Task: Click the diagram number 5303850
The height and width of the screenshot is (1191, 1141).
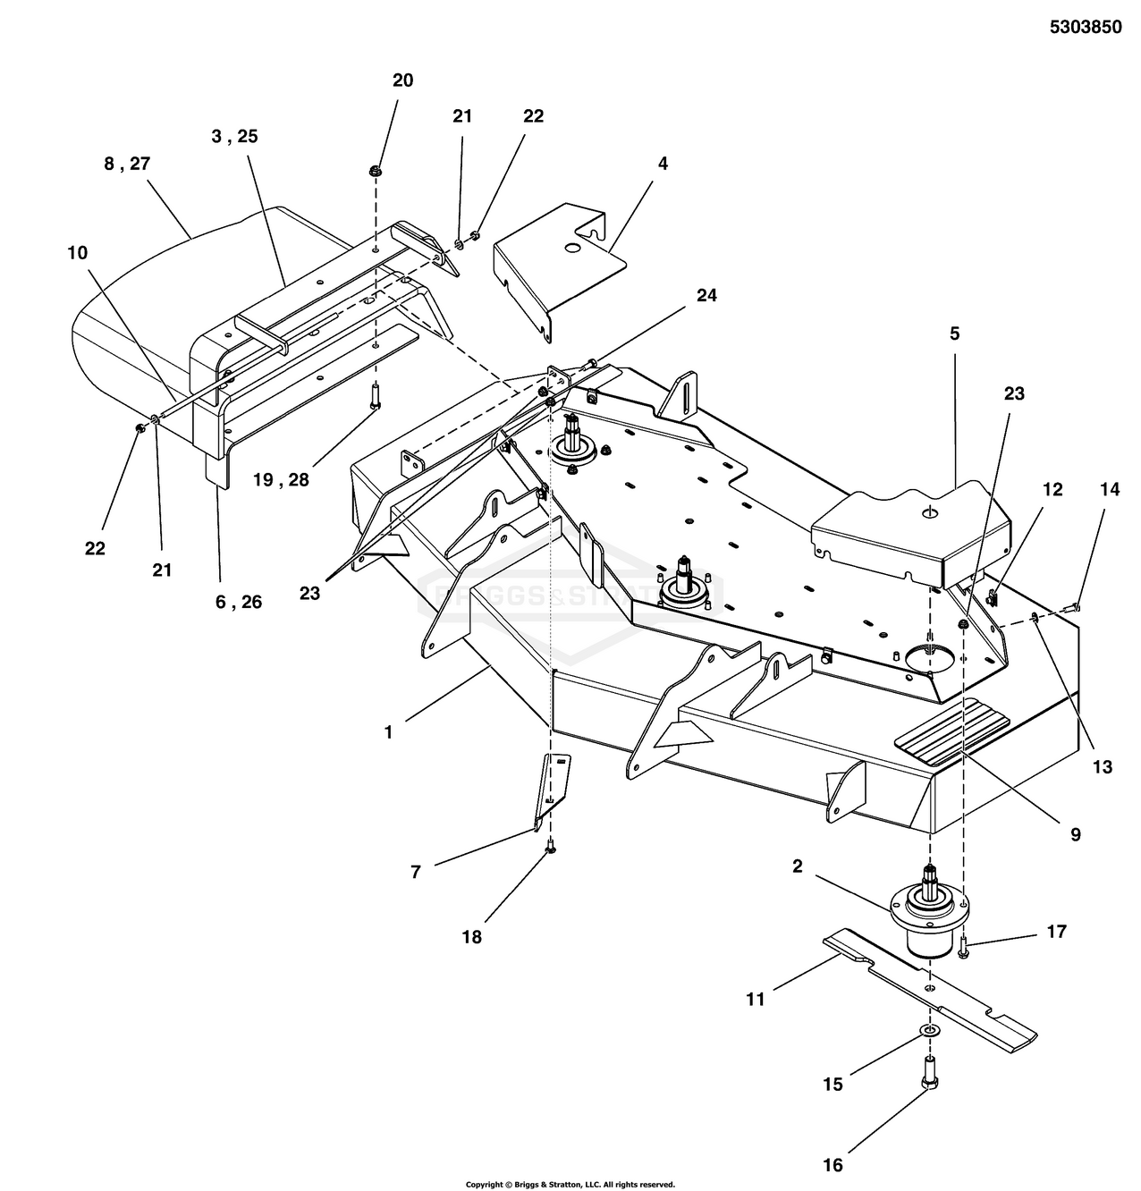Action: pyautogui.click(x=1086, y=27)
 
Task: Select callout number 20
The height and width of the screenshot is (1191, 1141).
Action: pyautogui.click(x=402, y=80)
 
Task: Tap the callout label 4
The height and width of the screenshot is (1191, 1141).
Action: pyautogui.click(x=663, y=164)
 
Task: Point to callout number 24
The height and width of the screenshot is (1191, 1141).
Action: pyautogui.click(x=706, y=295)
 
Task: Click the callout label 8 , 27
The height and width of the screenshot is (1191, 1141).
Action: pyautogui.click(x=127, y=164)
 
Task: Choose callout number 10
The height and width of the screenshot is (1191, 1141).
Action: pyautogui.click(x=78, y=252)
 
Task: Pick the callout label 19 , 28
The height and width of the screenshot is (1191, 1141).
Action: pyautogui.click(x=282, y=480)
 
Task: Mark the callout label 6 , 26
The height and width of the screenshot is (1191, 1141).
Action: pyautogui.click(x=239, y=602)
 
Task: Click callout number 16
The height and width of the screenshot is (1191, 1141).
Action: pyautogui.click(x=833, y=1165)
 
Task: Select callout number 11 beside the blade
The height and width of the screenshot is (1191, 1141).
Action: pyautogui.click(x=756, y=999)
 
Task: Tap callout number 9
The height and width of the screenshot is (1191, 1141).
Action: pyautogui.click(x=1076, y=834)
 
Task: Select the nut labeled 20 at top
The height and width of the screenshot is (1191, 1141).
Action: pyautogui.click(x=376, y=171)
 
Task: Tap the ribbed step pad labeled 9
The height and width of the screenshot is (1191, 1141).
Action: pyautogui.click(x=951, y=732)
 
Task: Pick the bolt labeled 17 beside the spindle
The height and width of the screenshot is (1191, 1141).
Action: pyautogui.click(x=963, y=948)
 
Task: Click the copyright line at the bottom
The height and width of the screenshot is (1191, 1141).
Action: pyautogui.click(x=570, y=1184)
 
